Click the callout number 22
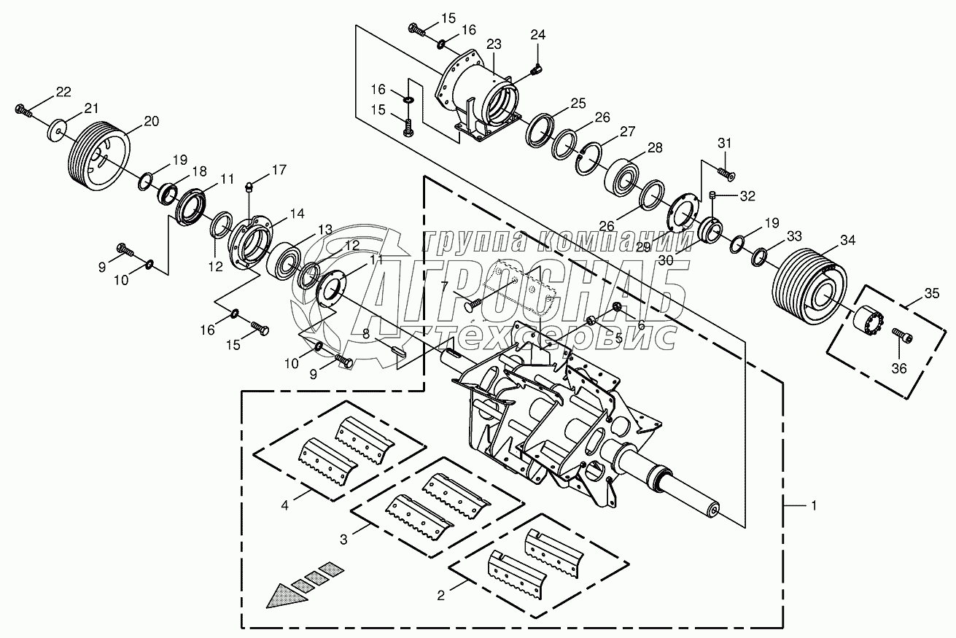click(x=63, y=92)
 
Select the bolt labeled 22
click(x=23, y=111)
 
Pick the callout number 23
click(x=494, y=44)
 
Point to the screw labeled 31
click(x=726, y=174)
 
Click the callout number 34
click(x=847, y=241)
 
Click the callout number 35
click(x=932, y=294)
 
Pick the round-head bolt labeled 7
click(x=473, y=304)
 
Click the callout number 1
click(x=814, y=506)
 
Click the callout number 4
click(x=284, y=506)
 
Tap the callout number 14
click(x=297, y=214)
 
